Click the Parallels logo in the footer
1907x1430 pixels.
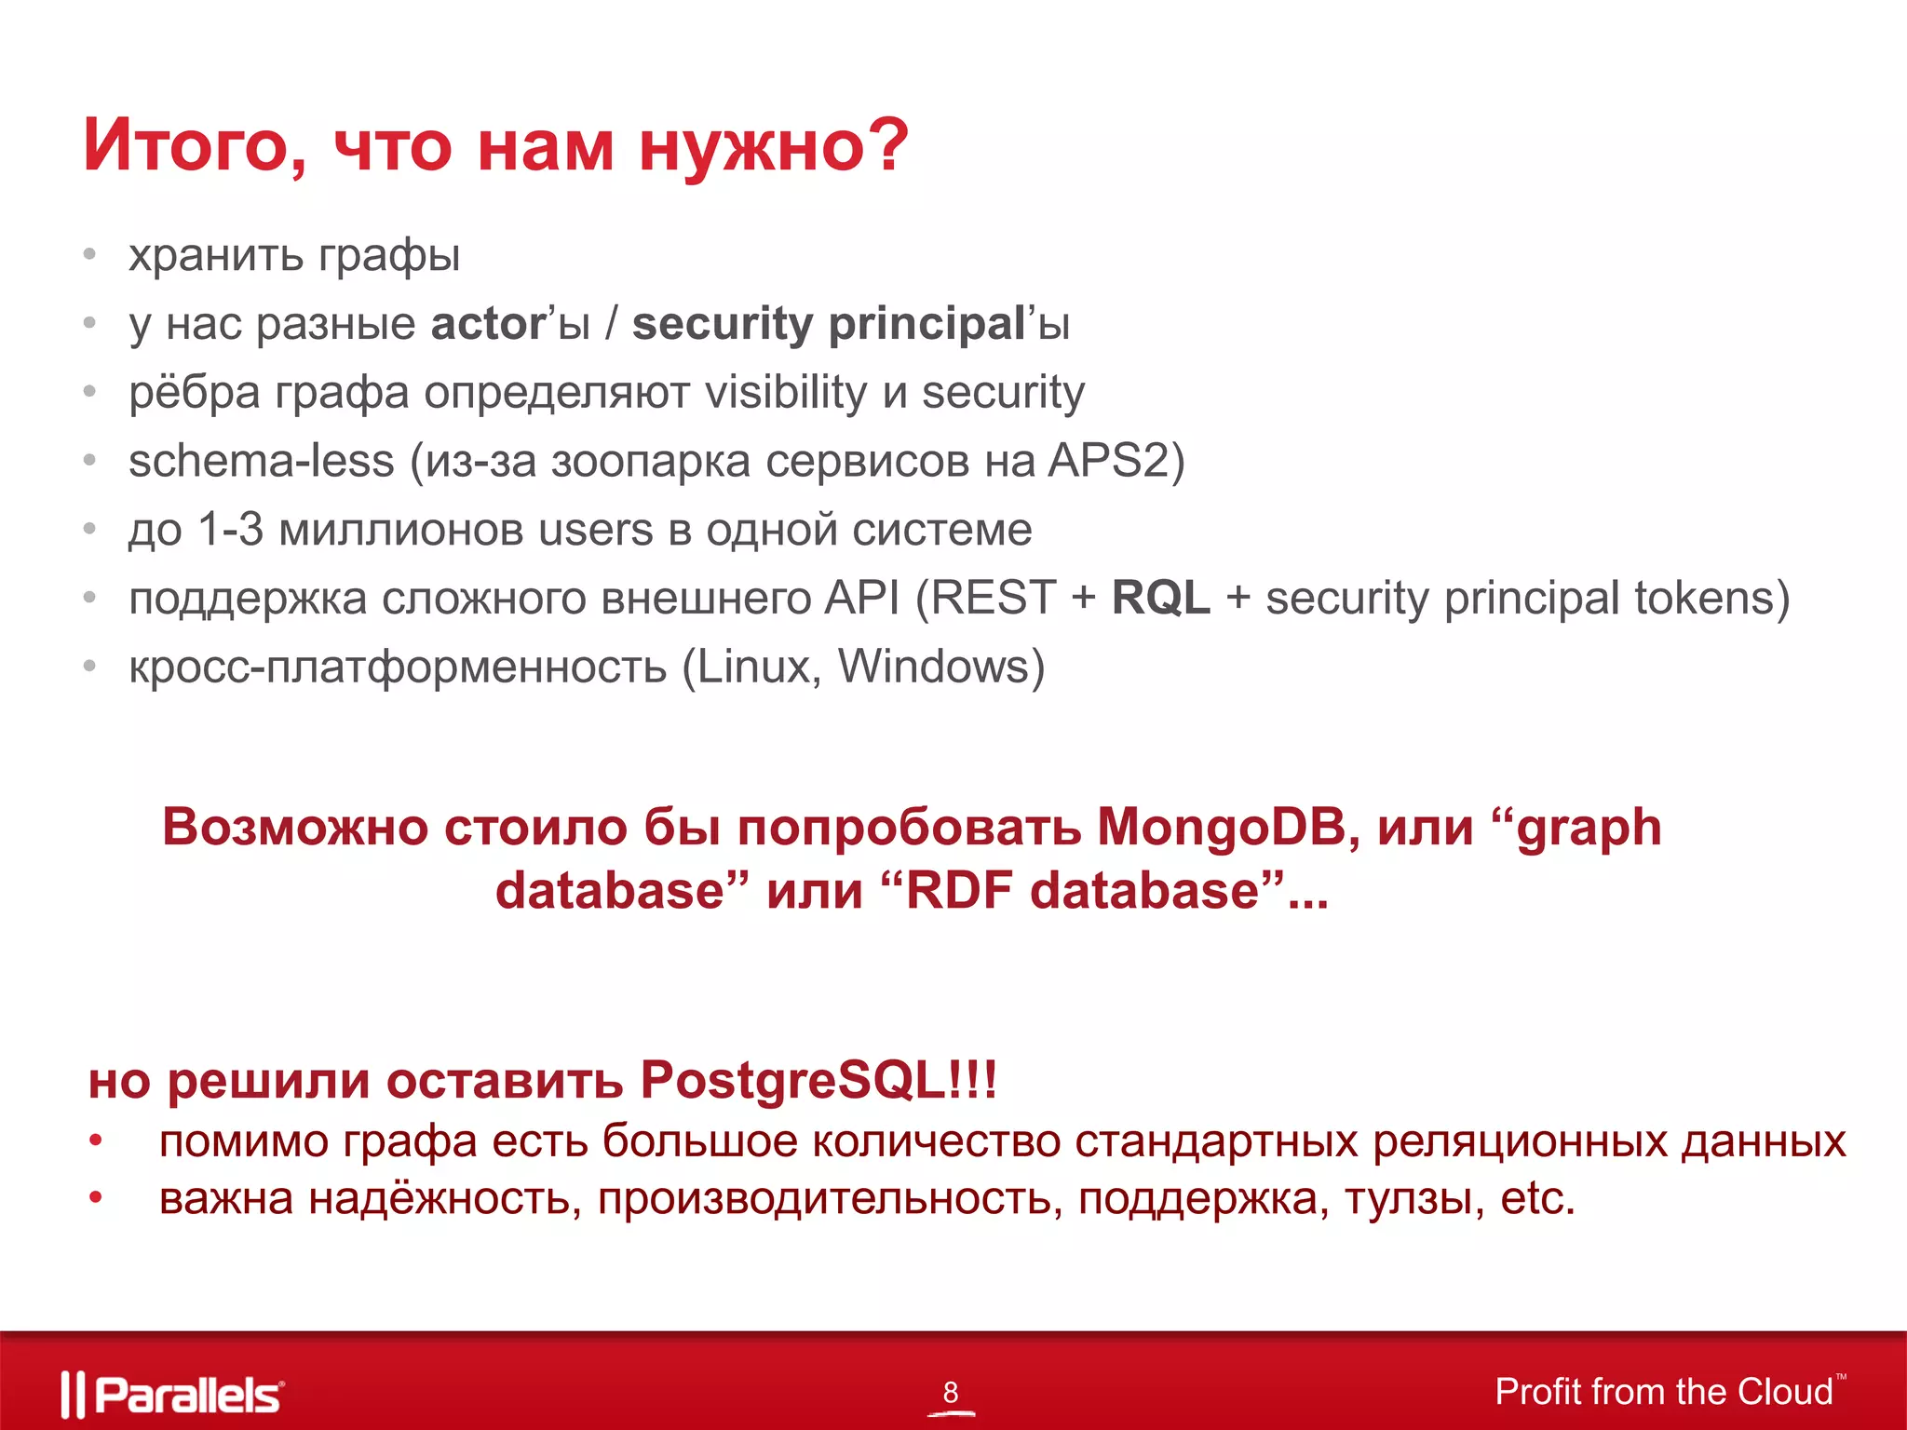pos(172,1395)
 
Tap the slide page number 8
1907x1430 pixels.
pos(950,1392)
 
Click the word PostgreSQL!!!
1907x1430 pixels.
pos(818,1080)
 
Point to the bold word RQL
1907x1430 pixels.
pos(1160,598)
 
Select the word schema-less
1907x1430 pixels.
pos(262,461)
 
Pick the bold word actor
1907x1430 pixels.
pos(488,324)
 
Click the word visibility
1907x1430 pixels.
pos(786,392)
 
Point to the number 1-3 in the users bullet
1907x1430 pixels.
pos(231,530)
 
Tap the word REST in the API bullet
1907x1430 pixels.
pos(994,598)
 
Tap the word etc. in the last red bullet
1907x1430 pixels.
pos(1536,1198)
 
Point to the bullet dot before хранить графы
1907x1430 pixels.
pos(90,254)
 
